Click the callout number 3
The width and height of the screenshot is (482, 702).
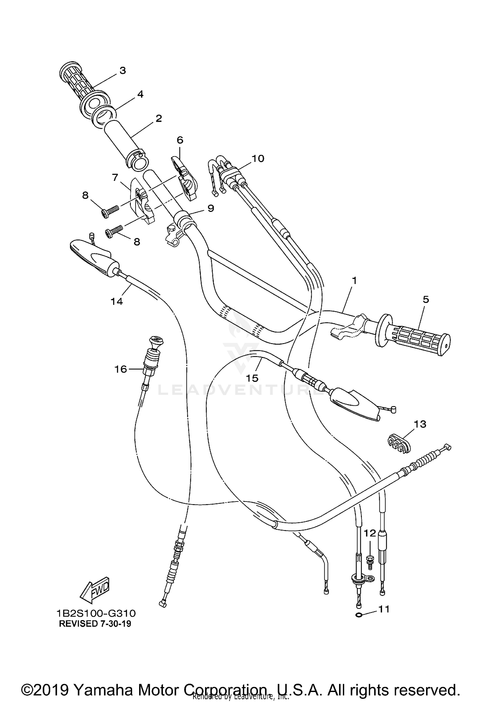coord(122,70)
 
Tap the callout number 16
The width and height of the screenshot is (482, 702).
coord(121,369)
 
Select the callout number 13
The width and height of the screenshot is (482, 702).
coord(420,424)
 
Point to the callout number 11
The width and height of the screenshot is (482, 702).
coord(384,609)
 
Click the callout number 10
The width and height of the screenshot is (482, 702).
coord(258,158)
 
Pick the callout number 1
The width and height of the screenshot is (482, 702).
coord(354,280)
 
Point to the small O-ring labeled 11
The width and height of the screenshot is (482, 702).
coord(359,615)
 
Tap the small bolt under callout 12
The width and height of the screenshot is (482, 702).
coord(370,560)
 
